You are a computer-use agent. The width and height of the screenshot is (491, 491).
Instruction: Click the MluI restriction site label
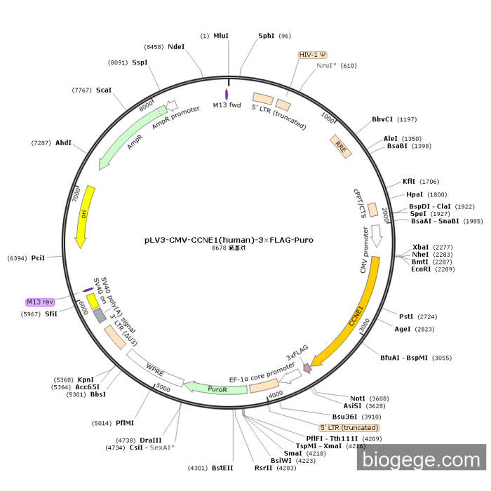(x=221, y=36)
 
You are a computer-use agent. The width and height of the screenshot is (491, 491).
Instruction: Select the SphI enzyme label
(x=267, y=36)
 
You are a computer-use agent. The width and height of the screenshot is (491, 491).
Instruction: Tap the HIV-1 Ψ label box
(x=312, y=54)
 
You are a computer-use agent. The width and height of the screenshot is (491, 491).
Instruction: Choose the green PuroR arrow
(x=217, y=386)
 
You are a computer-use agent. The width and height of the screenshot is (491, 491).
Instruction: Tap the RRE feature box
(x=340, y=147)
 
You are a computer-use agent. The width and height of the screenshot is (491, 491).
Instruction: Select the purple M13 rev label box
(x=40, y=302)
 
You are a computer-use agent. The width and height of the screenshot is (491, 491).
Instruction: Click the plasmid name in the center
(x=229, y=239)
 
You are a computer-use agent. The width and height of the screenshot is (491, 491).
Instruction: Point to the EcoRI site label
(x=421, y=269)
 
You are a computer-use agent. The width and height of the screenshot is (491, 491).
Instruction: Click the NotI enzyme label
(x=358, y=398)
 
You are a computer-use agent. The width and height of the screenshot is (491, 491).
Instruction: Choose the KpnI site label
(x=86, y=379)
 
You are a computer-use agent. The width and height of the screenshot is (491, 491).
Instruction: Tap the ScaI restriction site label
(x=104, y=90)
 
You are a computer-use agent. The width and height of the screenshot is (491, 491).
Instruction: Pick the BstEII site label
(x=222, y=467)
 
